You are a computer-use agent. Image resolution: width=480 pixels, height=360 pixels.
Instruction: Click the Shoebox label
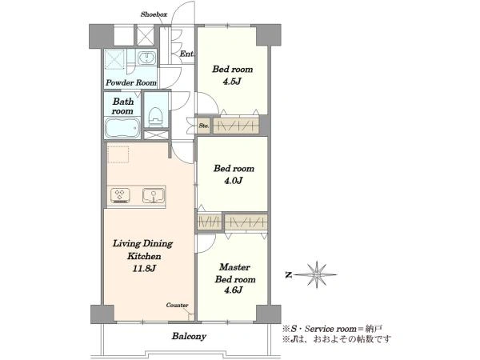(154, 14)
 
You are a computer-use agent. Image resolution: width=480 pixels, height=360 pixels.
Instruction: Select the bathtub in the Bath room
(122, 128)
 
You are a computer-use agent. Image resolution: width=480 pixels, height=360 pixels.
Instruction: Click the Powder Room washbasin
(146, 58)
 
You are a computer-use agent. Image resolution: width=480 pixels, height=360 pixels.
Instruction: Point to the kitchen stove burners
(120, 196)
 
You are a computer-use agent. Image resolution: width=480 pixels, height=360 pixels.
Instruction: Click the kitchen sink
(154, 196)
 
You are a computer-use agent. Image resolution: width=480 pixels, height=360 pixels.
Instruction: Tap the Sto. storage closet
(203, 126)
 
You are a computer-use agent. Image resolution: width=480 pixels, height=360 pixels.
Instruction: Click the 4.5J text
(232, 82)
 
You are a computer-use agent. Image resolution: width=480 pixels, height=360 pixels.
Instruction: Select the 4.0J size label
(234, 181)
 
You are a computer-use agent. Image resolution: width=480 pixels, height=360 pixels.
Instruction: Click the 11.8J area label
(144, 269)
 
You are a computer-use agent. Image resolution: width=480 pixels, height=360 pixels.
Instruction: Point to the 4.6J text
(234, 290)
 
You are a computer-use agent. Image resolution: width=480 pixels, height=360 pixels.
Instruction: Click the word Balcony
(189, 336)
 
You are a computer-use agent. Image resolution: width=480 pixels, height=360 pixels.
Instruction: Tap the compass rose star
(317, 274)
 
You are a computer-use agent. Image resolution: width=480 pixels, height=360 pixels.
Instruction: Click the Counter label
(177, 306)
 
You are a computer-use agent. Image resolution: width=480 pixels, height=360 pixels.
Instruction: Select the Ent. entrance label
(186, 54)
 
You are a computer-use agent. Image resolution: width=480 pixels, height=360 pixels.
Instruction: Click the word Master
(234, 267)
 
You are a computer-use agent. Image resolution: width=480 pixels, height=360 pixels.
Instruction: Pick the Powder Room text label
(131, 82)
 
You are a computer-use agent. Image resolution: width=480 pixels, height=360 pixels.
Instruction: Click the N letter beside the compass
(288, 275)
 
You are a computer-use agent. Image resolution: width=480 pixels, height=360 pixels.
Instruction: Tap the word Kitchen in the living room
(144, 256)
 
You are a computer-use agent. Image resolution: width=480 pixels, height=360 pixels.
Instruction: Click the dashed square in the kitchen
(118, 154)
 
